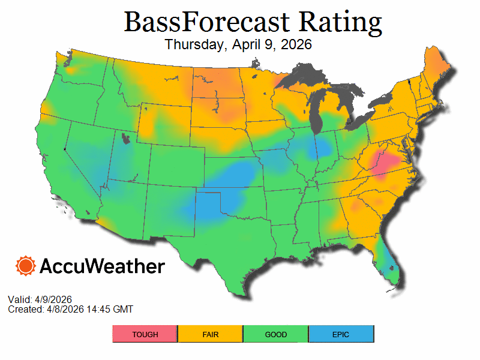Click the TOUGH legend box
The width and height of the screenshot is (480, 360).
tap(145, 334)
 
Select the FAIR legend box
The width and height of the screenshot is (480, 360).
tap(210, 334)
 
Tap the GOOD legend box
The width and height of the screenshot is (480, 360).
tap(275, 334)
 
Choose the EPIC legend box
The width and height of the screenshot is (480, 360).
tap(341, 334)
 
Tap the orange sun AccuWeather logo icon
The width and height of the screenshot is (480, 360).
tap(26, 266)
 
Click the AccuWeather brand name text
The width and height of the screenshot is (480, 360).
tap(102, 266)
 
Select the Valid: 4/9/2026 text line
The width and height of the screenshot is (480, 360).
tap(40, 299)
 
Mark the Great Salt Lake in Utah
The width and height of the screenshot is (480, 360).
tap(125, 140)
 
